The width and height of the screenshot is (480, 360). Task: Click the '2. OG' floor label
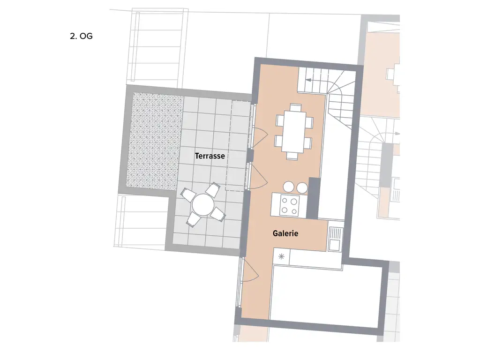[81, 36]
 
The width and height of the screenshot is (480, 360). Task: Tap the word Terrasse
[210, 156]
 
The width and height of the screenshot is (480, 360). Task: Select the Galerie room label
[285, 233]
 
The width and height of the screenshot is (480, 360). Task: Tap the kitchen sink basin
[336, 244]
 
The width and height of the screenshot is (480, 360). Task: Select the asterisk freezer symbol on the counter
[281, 256]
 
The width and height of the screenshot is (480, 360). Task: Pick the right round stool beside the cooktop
[302, 187]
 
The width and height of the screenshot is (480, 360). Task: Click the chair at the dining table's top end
[295, 107]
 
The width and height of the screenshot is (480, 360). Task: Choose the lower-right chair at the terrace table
[217, 215]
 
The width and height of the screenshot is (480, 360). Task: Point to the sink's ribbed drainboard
[336, 232]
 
